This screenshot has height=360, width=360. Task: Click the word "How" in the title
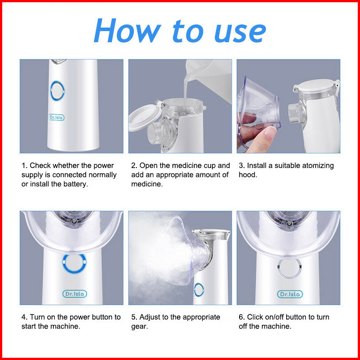pyautogui.click(x=128, y=31)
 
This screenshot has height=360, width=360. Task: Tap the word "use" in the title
pyautogui.click(x=240, y=33)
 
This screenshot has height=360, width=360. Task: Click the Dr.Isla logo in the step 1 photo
pyautogui.click(x=56, y=117)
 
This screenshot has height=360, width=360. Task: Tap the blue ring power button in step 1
pyautogui.click(x=57, y=91)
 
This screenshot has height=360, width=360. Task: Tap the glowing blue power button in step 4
pyautogui.click(x=74, y=264)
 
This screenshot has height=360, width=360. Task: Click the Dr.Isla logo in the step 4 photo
pyautogui.click(x=75, y=294)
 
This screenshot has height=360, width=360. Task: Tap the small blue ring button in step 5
pyautogui.click(x=199, y=290)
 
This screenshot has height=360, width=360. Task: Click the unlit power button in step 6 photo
pyautogui.click(x=289, y=268)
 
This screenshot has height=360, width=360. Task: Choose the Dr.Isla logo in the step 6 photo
pyautogui.click(x=290, y=294)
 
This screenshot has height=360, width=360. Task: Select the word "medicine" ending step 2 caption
pyautogui.click(x=147, y=184)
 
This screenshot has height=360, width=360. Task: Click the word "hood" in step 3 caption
pyautogui.click(x=248, y=175)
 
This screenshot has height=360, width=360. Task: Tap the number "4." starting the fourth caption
pyautogui.click(x=24, y=317)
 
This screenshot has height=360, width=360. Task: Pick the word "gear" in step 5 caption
pyautogui.click(x=140, y=327)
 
